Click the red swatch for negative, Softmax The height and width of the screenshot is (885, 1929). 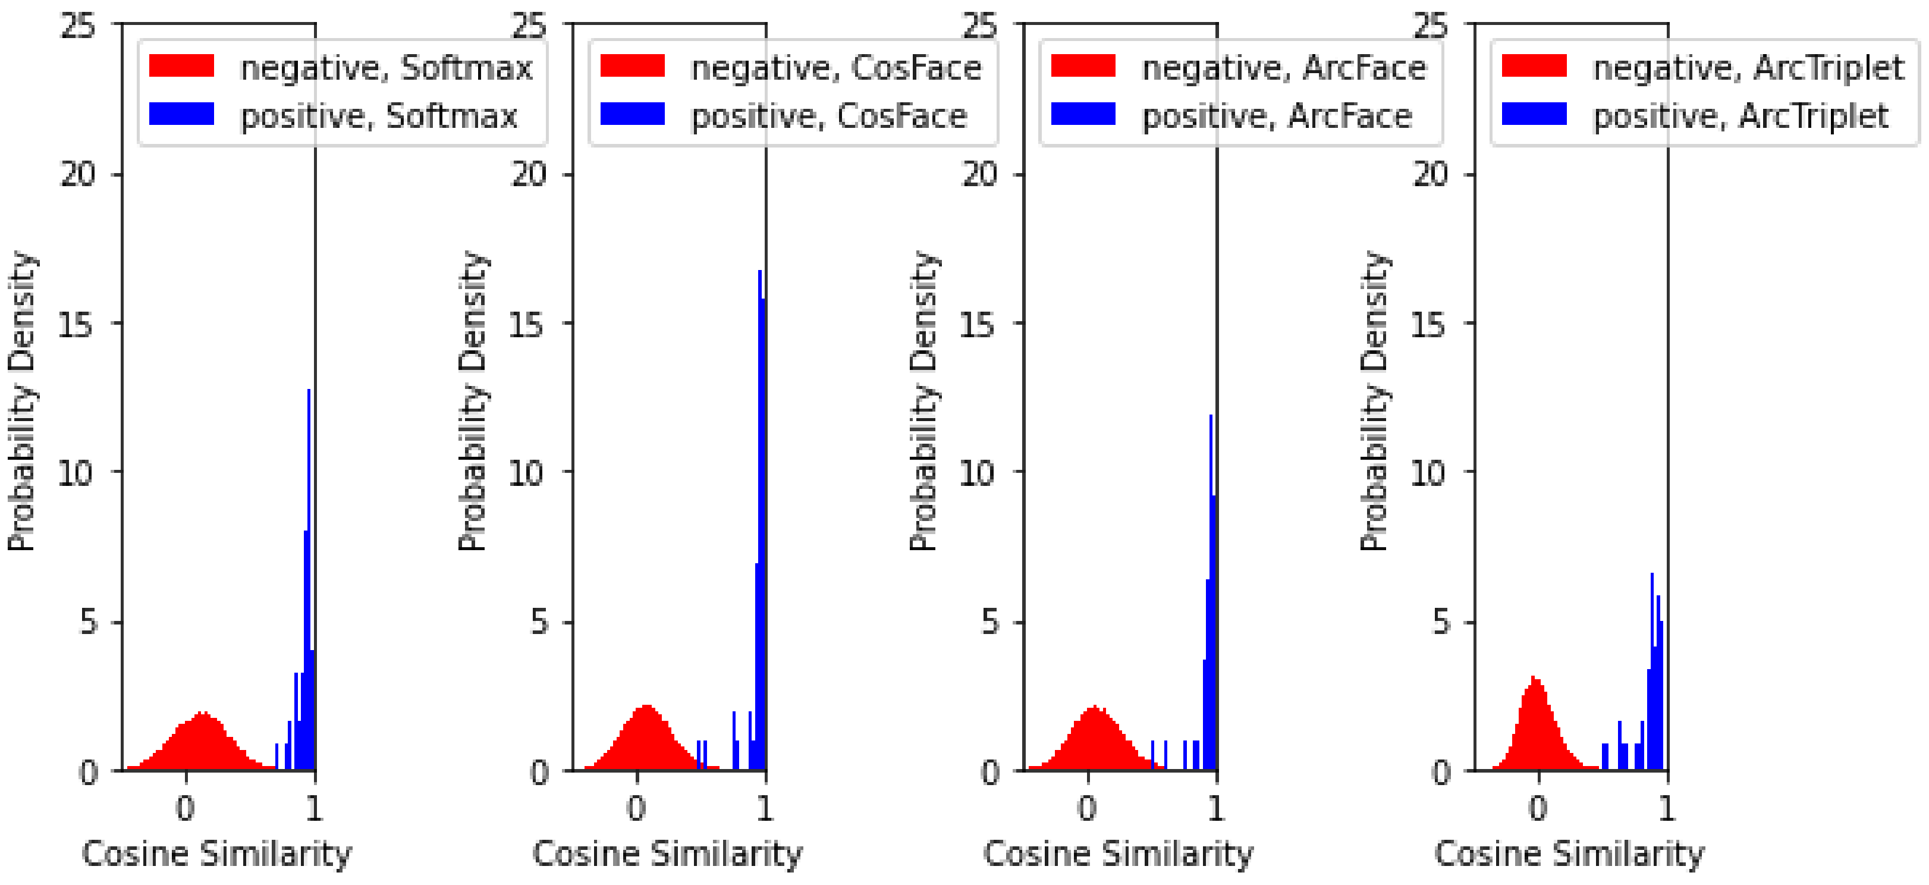tap(181, 66)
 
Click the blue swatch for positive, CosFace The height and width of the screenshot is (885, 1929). tap(632, 114)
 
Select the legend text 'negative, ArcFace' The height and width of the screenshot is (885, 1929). tap(1283, 68)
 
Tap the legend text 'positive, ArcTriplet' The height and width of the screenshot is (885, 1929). tap(1741, 116)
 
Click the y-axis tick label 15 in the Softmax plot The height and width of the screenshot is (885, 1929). tap(76, 324)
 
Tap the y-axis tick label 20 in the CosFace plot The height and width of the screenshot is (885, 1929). tap(528, 174)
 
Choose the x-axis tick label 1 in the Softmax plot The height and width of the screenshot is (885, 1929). tap(314, 808)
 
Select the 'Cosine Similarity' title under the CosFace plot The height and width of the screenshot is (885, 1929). tap(667, 854)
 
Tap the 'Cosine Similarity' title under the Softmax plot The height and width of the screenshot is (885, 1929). tap(216, 854)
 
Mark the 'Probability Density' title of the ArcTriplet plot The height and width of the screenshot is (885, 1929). tap(1374, 401)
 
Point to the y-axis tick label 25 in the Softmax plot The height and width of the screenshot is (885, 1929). tap(77, 26)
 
